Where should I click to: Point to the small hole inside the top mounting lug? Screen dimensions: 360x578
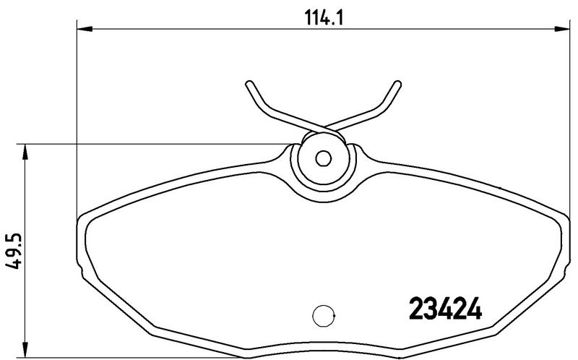pyautogui.click(x=324, y=158)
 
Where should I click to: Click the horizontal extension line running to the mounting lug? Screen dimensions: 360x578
pyautogui.click(x=144, y=143)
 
